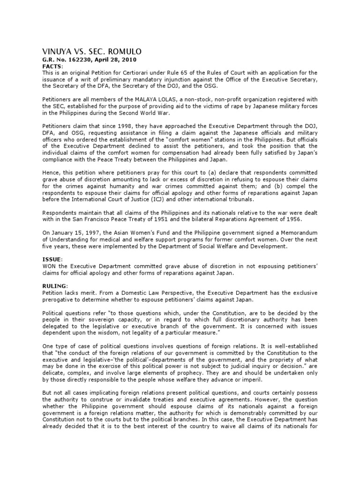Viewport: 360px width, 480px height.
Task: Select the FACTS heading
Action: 52,66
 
